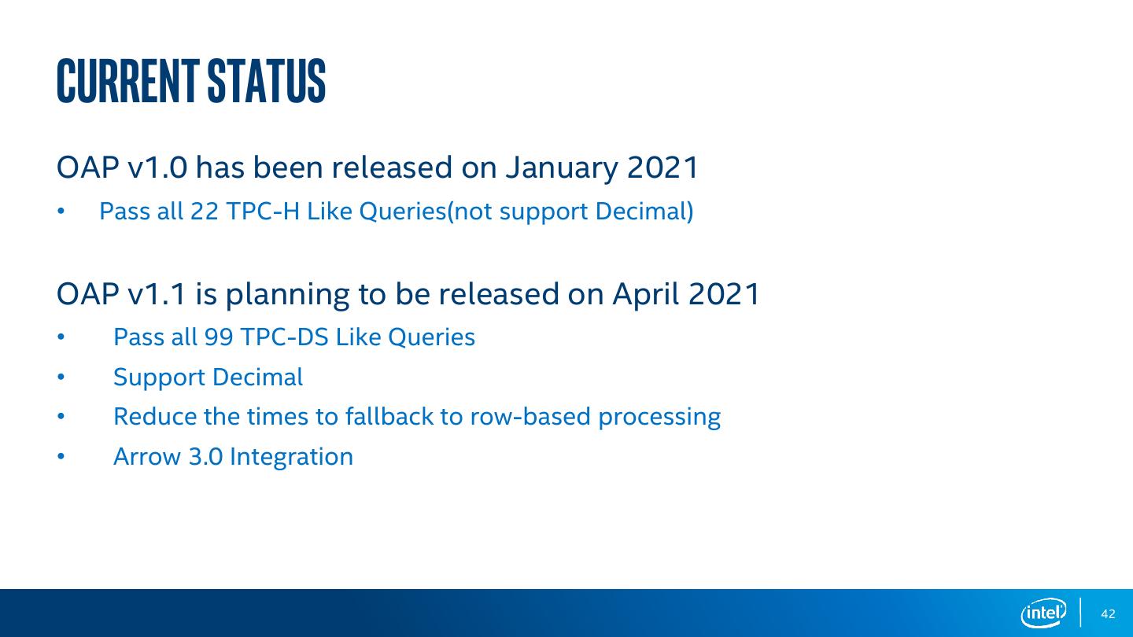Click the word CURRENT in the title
(x=127, y=81)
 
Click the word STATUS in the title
(x=267, y=81)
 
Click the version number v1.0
(x=157, y=168)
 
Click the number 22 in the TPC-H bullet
(x=205, y=212)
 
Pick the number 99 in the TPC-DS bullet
(x=219, y=337)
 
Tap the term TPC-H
(x=263, y=212)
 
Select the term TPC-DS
(x=285, y=337)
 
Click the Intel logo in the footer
(x=1043, y=613)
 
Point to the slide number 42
(x=1108, y=613)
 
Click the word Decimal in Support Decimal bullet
(x=257, y=377)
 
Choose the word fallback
(x=389, y=417)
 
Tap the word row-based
(x=530, y=417)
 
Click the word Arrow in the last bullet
(x=147, y=456)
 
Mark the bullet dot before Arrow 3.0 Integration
(x=61, y=456)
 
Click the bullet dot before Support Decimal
(x=61, y=377)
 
